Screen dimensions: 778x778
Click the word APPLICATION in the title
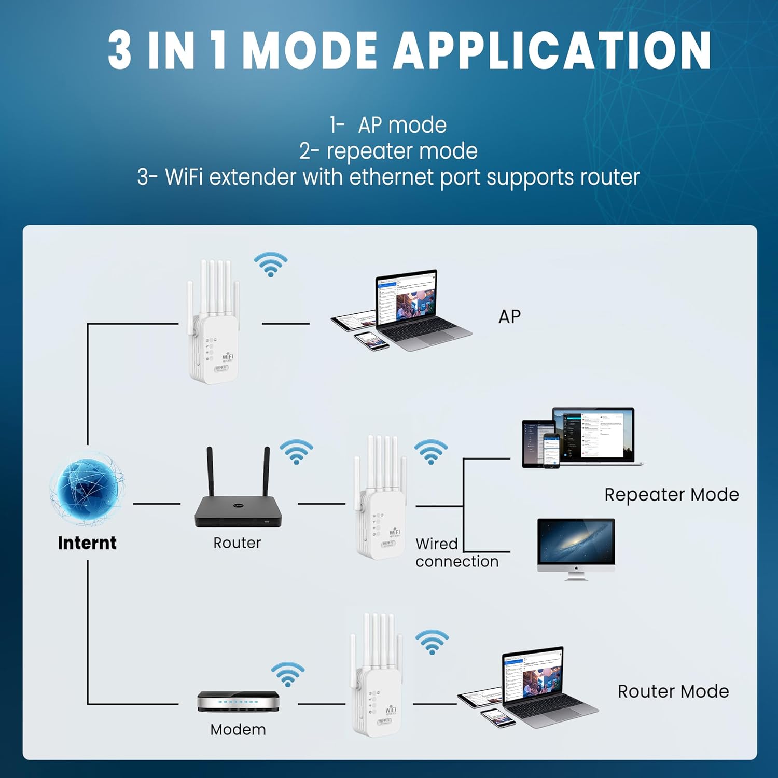pos(552,50)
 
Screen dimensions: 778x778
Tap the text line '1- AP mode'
pos(388,125)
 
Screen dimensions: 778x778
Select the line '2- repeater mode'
pos(388,151)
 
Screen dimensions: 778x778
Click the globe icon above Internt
pos(87,490)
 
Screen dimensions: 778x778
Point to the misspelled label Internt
pos(87,543)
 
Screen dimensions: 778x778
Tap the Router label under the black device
pos(237,543)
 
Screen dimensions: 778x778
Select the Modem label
pos(238,729)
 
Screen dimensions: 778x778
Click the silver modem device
pos(238,702)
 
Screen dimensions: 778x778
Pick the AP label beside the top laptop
pos(509,316)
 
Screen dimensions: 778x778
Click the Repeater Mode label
pos(672,494)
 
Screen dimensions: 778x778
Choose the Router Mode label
pos(673,691)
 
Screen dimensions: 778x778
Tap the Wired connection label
pos(456,552)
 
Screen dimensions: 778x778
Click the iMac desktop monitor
pos(576,547)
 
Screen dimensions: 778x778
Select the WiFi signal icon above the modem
pos(287,674)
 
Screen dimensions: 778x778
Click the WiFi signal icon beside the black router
pos(296,452)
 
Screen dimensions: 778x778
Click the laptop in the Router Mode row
pos(545,685)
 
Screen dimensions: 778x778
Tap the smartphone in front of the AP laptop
pos(371,340)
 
